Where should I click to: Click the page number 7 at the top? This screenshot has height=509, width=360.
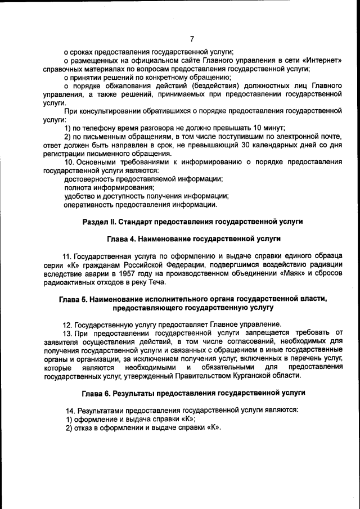point(191,39)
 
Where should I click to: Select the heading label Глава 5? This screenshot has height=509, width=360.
point(75,299)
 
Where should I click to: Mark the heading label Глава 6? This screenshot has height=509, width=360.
point(97,392)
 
